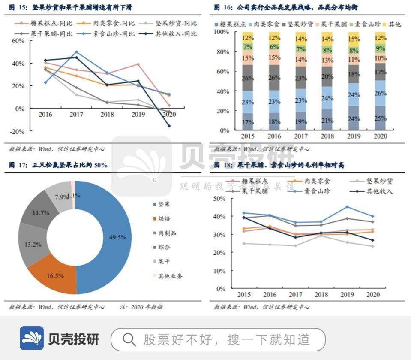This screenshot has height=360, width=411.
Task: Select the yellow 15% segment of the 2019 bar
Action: point(354,39)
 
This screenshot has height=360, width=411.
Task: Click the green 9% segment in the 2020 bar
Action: point(380,48)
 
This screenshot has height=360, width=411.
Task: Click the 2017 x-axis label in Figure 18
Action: point(295,295)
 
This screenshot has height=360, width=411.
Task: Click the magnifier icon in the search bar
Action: point(129,340)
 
